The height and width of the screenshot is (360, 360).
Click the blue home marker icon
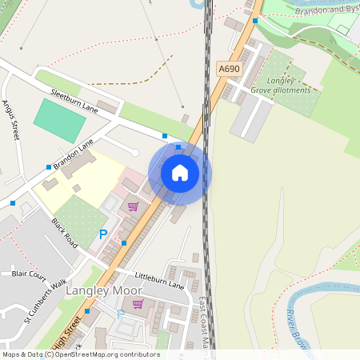coord(180,172)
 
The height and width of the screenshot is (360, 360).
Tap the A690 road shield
coord(230,69)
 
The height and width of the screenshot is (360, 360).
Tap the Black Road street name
coord(65,232)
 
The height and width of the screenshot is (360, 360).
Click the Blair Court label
coord(30,274)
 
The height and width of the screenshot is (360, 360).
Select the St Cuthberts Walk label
coord(45,300)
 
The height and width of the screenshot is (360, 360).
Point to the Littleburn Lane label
coord(160,279)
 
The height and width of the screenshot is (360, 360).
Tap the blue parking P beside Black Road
coord(102,234)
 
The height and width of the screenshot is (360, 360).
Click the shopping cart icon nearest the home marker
coord(133,206)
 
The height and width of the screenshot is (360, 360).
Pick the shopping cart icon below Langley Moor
coord(138,304)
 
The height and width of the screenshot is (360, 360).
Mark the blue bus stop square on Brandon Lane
coord(48,166)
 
